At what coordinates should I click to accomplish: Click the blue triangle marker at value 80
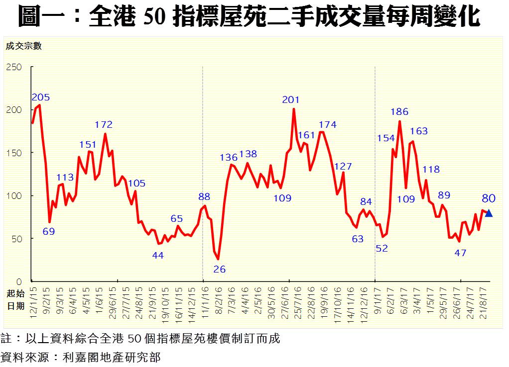[489, 213]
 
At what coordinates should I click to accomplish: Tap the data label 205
[41, 97]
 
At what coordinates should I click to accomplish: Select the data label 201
[291, 100]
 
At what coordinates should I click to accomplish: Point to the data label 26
[220, 270]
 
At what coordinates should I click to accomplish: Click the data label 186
[399, 112]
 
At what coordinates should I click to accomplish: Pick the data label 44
[158, 256]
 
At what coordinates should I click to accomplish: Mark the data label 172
[104, 125]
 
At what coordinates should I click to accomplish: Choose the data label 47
[460, 253]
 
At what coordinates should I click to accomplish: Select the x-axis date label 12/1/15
[34, 301]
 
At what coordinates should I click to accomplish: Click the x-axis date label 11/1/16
[205, 301]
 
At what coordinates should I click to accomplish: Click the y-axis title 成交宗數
[24, 47]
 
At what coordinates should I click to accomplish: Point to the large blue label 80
[489, 198]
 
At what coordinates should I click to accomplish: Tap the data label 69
[49, 232]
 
